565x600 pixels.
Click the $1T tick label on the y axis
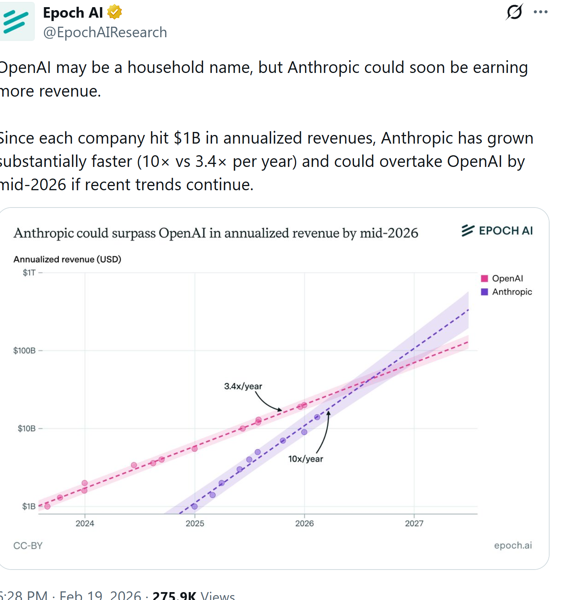pyautogui.click(x=29, y=273)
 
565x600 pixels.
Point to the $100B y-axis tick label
pyautogui.click(x=24, y=351)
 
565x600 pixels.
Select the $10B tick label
pyautogui.click(x=26, y=429)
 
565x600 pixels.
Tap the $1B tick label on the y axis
pyautogui.click(x=29, y=506)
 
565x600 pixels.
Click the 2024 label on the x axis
pyautogui.click(x=85, y=523)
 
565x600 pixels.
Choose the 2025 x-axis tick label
pyautogui.click(x=195, y=523)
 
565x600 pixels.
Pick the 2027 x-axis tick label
pyautogui.click(x=414, y=523)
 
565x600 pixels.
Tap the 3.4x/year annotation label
pyautogui.click(x=243, y=386)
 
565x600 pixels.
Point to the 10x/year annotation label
pyautogui.click(x=305, y=459)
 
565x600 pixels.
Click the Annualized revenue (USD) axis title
pyautogui.click(x=67, y=259)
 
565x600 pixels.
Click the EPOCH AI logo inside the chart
pyautogui.click(x=497, y=230)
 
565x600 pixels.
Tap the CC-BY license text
pyautogui.click(x=28, y=545)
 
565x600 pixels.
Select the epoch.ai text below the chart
pyautogui.click(x=513, y=545)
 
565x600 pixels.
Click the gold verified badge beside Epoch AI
pyautogui.click(x=114, y=12)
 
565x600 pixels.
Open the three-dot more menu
pyautogui.click(x=541, y=12)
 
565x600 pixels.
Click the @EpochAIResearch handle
pyautogui.click(x=105, y=32)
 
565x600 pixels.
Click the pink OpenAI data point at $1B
pyautogui.click(x=47, y=506)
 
